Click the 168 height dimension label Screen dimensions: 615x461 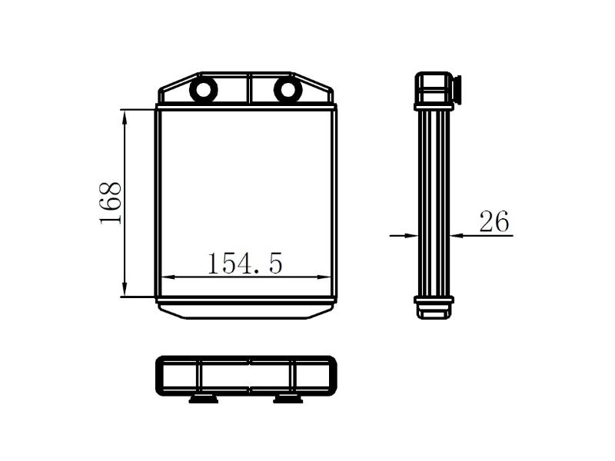(x=110, y=202)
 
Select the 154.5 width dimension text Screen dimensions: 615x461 (x=244, y=264)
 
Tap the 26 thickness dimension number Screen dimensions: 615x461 (x=494, y=221)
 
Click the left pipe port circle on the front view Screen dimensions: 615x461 (x=203, y=90)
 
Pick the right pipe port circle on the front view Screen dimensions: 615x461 (x=288, y=90)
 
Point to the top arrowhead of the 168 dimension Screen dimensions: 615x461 (x=125, y=115)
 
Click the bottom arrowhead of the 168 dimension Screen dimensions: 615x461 (x=125, y=290)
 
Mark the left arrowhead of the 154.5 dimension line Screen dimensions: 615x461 (x=168, y=277)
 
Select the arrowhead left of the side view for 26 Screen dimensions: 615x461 (x=411, y=236)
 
